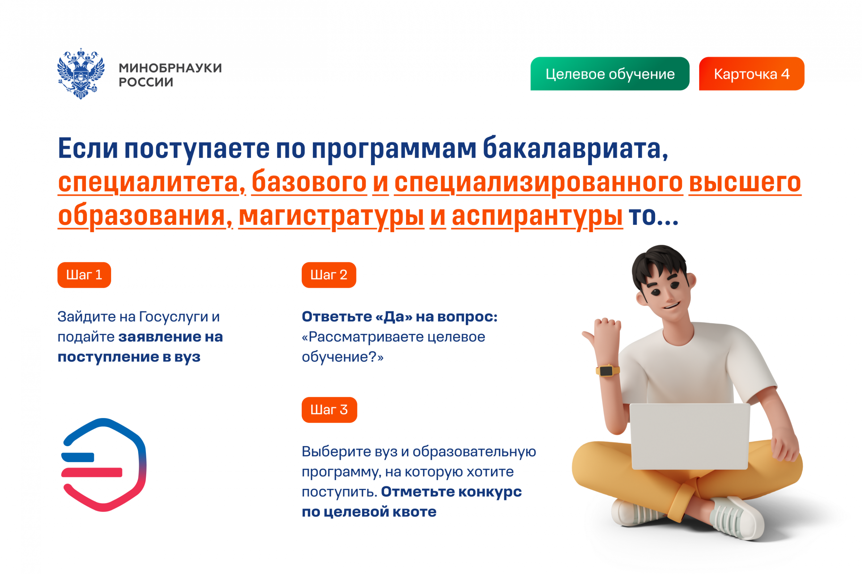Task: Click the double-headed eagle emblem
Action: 81,73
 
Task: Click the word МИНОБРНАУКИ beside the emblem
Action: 170,68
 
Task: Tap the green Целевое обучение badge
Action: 610,74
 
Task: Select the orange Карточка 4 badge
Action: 751,74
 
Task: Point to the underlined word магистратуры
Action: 331,216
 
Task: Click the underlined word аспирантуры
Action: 537,216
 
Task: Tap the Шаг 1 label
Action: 84,275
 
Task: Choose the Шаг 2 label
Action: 329,275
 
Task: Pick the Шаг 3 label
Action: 329,410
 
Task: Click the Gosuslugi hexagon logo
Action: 104,465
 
